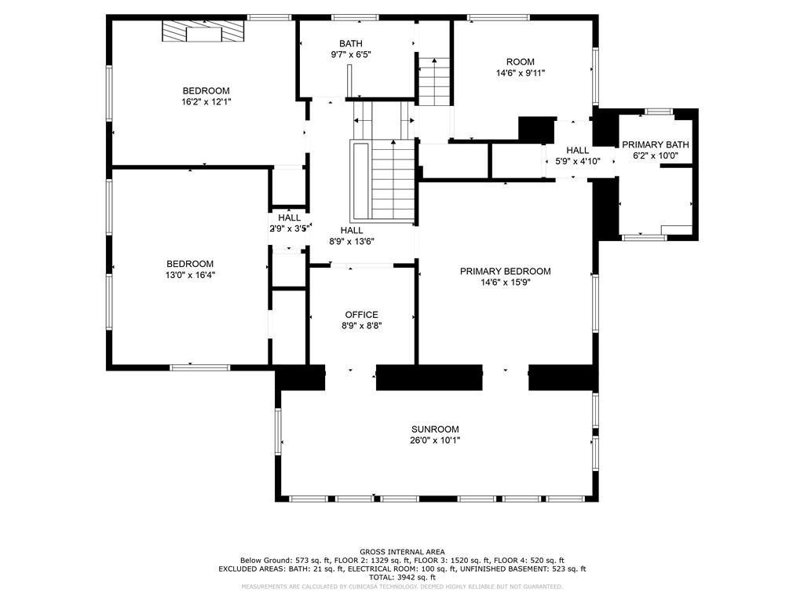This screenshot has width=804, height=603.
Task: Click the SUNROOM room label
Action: click(x=435, y=429)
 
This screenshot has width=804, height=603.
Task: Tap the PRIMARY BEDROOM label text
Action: click(x=505, y=271)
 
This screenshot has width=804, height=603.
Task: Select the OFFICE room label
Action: click(x=361, y=315)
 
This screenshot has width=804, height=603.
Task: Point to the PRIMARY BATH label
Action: click(x=656, y=144)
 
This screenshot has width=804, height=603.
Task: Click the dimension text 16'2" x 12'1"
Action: click(x=206, y=102)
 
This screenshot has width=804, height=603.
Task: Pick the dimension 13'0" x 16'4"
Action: click(x=190, y=275)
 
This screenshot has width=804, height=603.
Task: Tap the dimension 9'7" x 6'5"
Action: click(x=351, y=54)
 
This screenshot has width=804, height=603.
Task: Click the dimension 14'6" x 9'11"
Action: click(x=520, y=73)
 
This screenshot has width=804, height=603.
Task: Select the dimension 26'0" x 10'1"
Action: click(x=435, y=440)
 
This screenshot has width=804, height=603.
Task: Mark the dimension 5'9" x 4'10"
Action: click(x=577, y=161)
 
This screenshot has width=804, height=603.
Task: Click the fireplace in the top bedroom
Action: click(x=203, y=31)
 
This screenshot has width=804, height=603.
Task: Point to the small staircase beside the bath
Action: click(x=434, y=82)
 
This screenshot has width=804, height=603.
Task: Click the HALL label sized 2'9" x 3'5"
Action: click(x=289, y=218)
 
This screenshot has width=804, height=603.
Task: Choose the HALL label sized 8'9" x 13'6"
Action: click(x=351, y=231)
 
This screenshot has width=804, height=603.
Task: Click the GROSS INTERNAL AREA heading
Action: click(x=402, y=552)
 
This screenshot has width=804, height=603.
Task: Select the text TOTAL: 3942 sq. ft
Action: click(x=402, y=577)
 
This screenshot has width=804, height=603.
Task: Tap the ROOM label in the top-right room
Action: click(x=520, y=62)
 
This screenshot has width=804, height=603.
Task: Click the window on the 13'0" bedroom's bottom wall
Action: click(x=200, y=367)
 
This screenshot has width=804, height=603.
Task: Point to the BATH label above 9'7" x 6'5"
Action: click(x=351, y=44)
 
